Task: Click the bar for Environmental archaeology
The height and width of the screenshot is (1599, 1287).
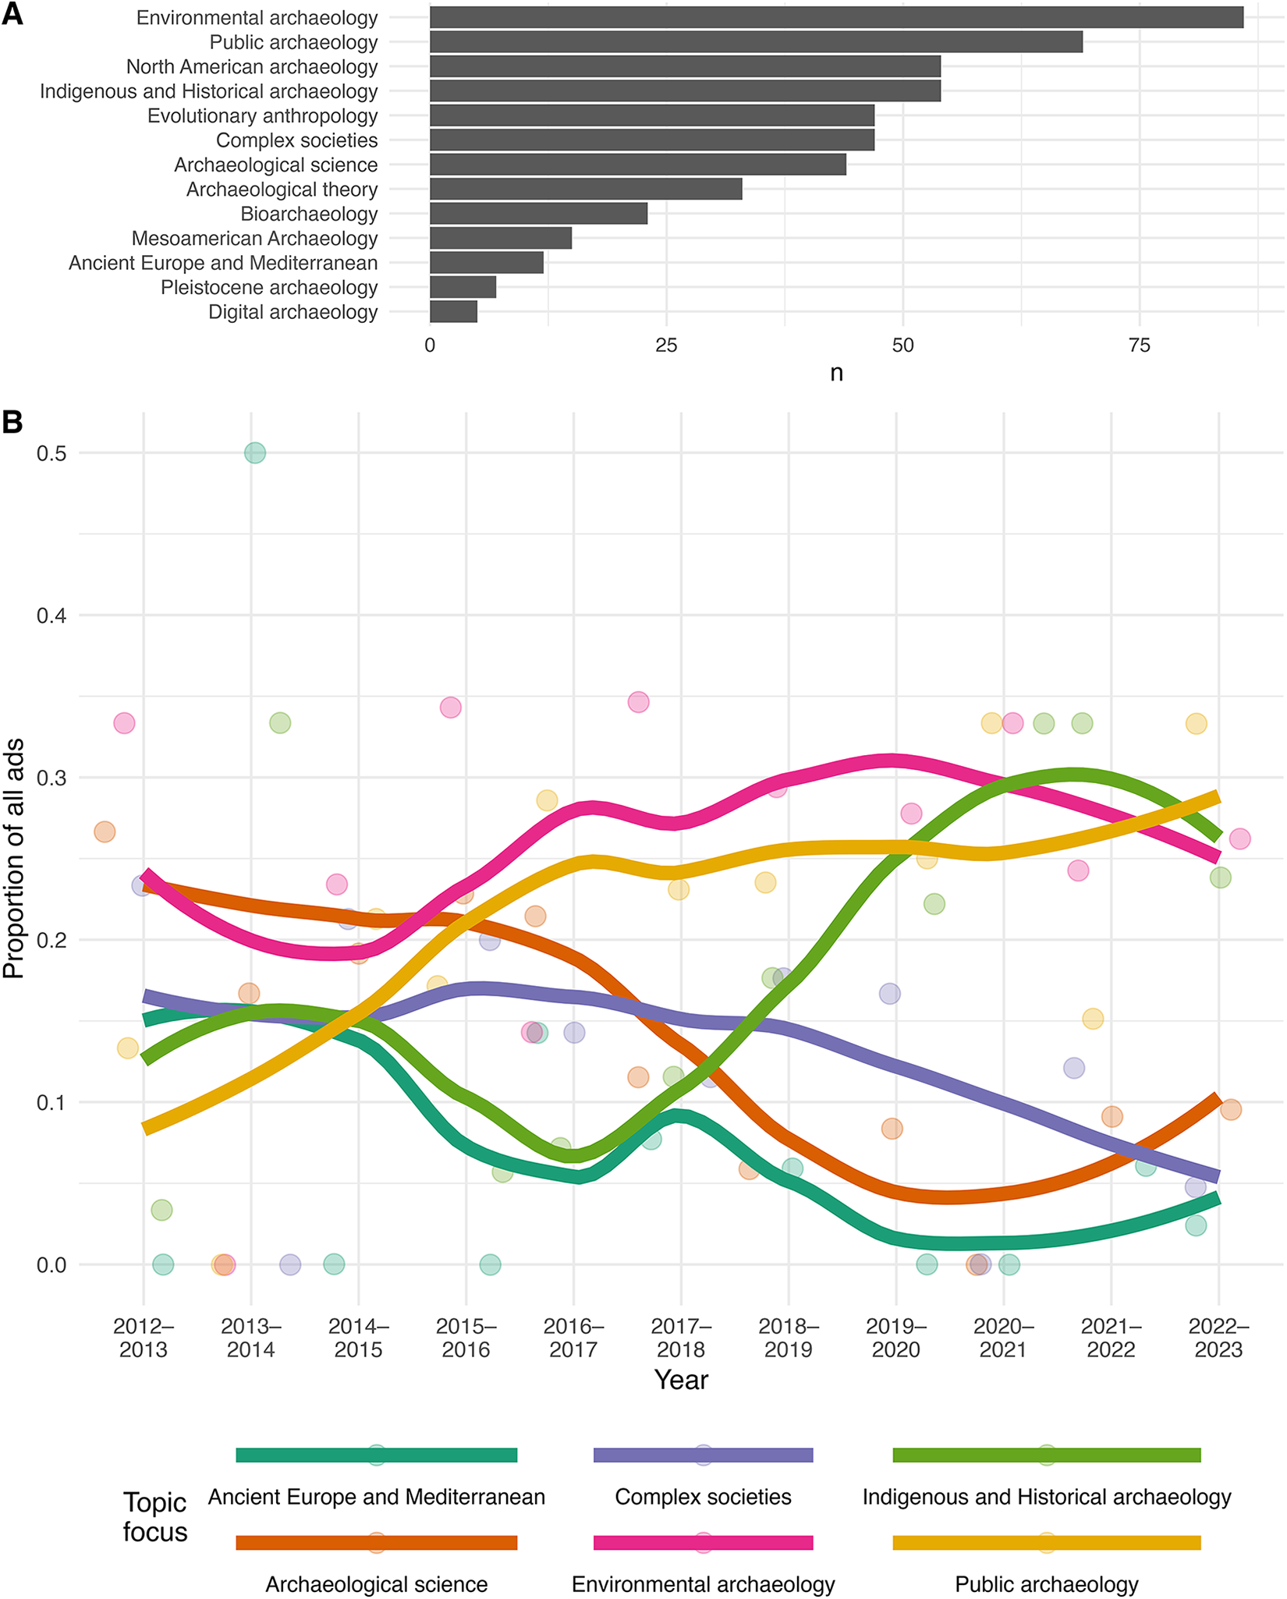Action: [x=836, y=17]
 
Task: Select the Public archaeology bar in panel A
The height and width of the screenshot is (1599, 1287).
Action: [x=756, y=42]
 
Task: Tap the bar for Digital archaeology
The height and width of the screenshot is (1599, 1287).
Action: [x=453, y=312]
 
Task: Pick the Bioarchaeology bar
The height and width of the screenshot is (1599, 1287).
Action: [x=538, y=214]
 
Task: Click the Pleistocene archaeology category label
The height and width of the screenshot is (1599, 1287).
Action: [x=269, y=288]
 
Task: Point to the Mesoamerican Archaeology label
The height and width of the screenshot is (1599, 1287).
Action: [x=254, y=239]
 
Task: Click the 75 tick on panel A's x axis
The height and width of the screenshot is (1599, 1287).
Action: [x=1140, y=346]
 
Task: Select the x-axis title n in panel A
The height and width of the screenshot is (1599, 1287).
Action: [x=836, y=374]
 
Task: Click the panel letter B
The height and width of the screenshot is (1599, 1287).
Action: [x=12, y=422]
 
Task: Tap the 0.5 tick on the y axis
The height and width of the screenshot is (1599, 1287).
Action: [x=51, y=453]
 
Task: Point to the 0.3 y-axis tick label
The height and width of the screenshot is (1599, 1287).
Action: [x=51, y=778]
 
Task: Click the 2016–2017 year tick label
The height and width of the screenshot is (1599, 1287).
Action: [x=573, y=1338]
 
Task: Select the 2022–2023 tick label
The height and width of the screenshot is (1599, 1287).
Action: [x=1218, y=1338]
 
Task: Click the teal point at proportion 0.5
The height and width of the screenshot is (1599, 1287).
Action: [x=254, y=453]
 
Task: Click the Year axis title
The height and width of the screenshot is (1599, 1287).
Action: [x=681, y=1380]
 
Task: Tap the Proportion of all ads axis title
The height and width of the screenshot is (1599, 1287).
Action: [x=14, y=858]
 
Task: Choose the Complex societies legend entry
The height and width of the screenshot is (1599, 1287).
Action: [x=703, y=1497]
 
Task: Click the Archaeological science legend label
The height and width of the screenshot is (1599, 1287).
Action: [x=376, y=1584]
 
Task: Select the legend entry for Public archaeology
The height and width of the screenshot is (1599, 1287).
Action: [x=1046, y=1584]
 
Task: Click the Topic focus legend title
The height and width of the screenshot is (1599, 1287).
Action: [x=155, y=1517]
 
